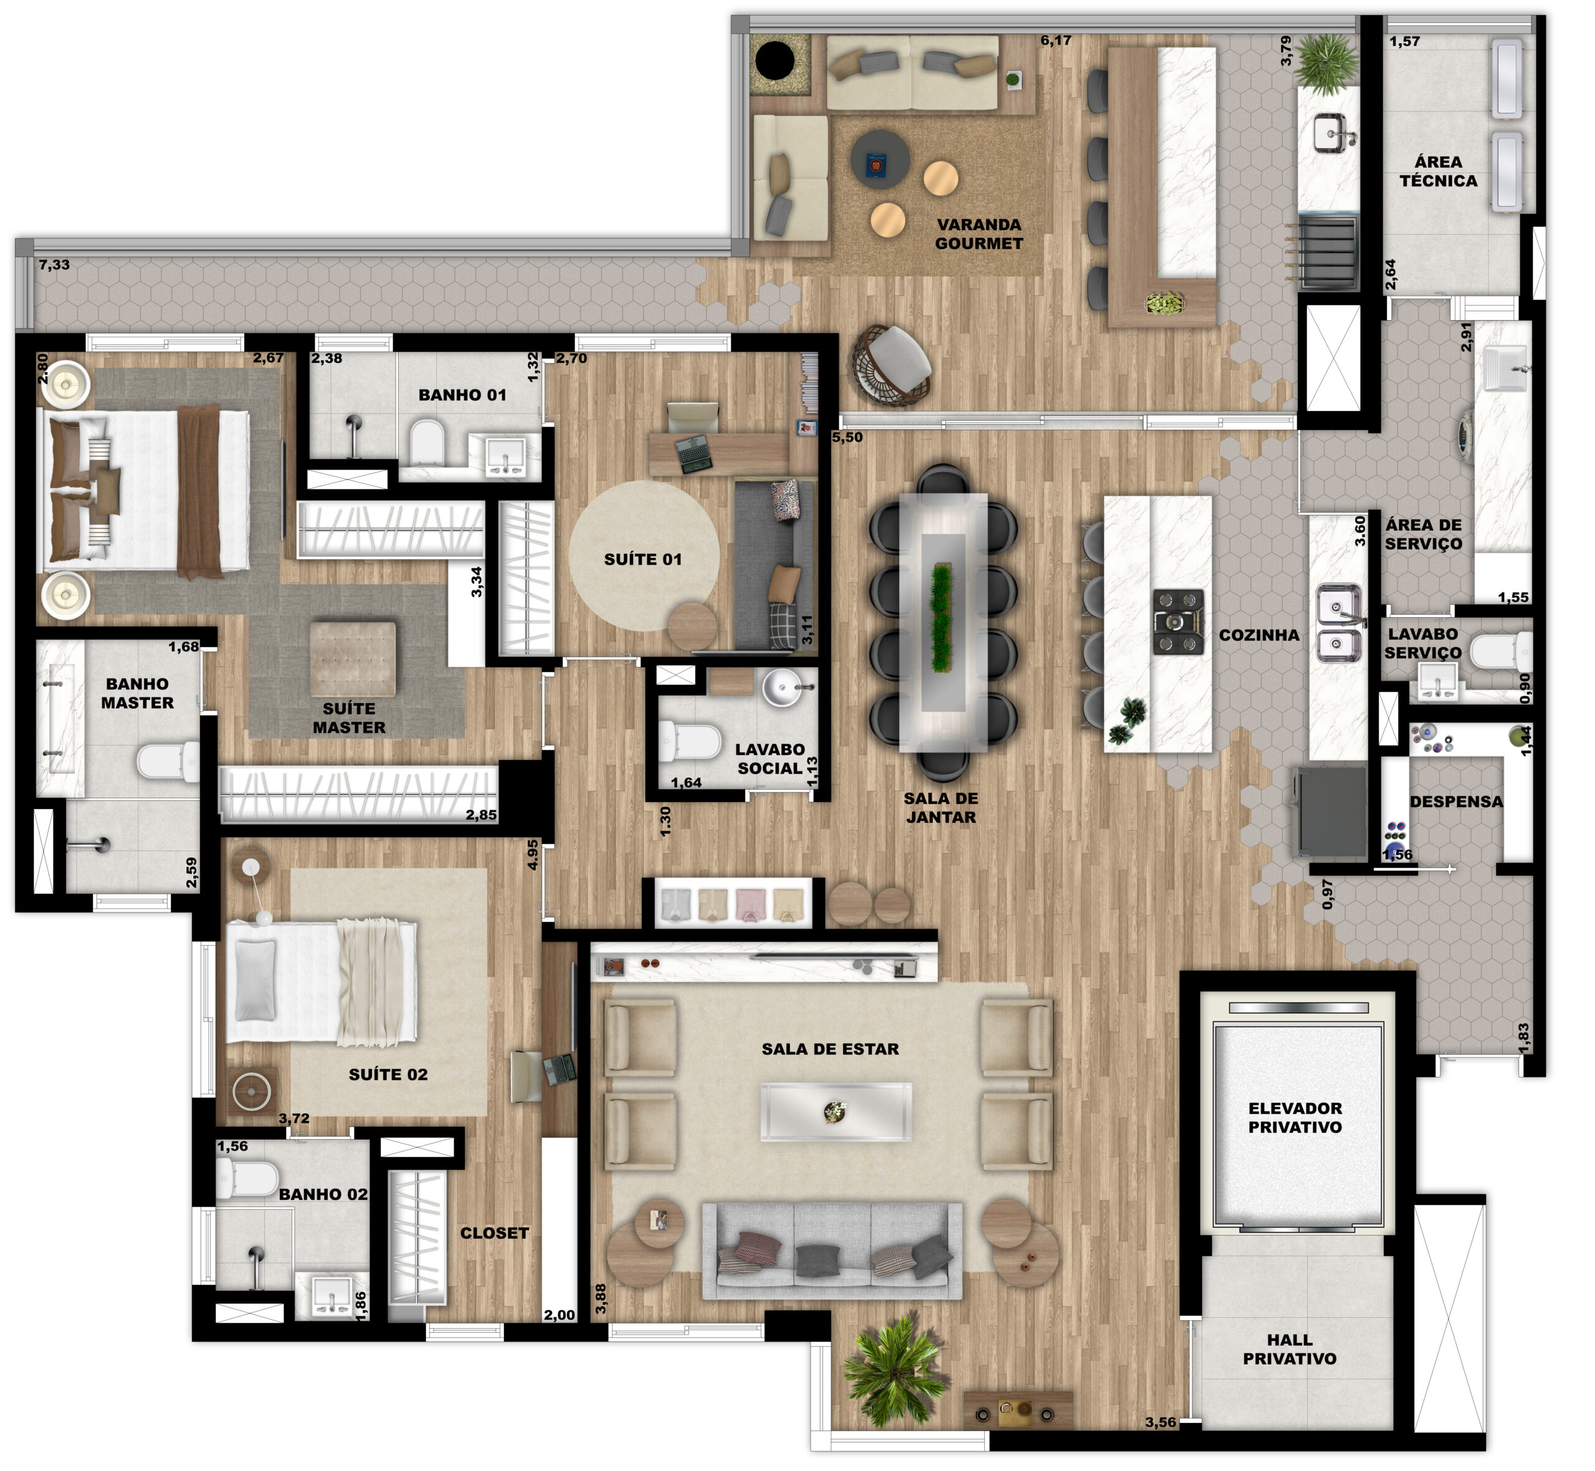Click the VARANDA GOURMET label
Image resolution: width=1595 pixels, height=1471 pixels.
click(979, 234)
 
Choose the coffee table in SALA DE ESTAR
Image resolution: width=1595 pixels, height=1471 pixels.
click(836, 1112)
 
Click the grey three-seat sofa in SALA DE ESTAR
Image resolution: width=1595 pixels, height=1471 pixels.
click(832, 1251)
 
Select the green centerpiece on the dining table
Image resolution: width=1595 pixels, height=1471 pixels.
click(942, 618)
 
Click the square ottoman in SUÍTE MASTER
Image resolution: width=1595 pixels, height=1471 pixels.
click(353, 659)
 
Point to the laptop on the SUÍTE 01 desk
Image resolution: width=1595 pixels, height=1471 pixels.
click(693, 454)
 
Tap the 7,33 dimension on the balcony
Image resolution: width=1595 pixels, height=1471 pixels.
click(54, 265)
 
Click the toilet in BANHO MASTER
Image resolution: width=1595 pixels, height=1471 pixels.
click(168, 762)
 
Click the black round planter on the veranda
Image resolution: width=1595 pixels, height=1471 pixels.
click(775, 60)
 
